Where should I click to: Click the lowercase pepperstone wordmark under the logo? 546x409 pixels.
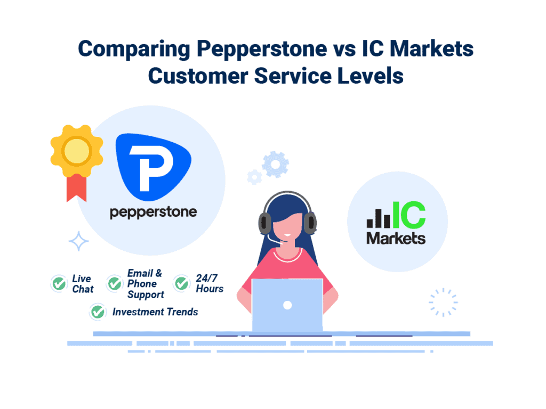(x=153, y=212)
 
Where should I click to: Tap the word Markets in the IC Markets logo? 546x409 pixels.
(x=396, y=238)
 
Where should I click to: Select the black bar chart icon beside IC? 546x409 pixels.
(x=378, y=219)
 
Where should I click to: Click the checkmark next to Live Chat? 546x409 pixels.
(x=58, y=283)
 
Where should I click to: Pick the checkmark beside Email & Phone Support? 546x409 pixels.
(x=114, y=283)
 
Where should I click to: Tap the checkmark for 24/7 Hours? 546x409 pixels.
(x=182, y=283)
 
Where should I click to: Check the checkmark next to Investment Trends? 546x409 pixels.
(x=98, y=312)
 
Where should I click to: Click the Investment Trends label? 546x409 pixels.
(x=155, y=312)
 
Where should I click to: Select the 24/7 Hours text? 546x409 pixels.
(x=210, y=283)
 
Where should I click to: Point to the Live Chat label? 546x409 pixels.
(x=82, y=284)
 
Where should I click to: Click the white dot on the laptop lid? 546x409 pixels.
(x=287, y=305)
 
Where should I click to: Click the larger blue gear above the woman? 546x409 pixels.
(x=276, y=164)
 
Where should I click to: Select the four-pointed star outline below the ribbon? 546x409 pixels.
(x=78, y=241)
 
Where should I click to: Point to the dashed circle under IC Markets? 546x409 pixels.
(x=443, y=302)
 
